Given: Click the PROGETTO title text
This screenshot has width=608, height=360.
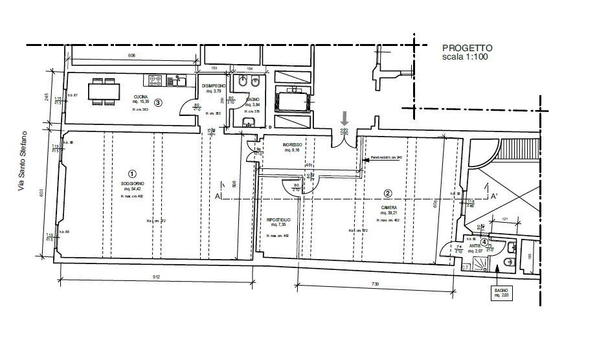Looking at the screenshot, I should tap(467, 48).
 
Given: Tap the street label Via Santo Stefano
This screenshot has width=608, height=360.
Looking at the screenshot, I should tap(23, 161).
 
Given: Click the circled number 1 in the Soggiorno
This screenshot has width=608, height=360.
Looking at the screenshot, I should tap(132, 174).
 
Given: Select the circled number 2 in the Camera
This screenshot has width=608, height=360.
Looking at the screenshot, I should tap(387, 192).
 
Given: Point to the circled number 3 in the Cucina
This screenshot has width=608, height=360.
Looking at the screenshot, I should tap(157, 102).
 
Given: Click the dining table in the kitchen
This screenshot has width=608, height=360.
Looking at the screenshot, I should tap(104, 91).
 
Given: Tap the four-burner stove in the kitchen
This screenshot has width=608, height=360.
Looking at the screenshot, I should tap(157, 81).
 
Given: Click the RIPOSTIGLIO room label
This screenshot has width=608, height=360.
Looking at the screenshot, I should tap(278, 220).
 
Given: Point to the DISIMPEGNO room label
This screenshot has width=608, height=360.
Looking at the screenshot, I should tap(213, 86).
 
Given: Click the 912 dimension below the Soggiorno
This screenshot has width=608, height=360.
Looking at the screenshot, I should tap(156, 277).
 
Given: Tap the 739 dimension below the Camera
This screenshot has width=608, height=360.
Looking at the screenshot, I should tap(375, 284).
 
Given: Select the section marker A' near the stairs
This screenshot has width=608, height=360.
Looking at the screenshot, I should tap(493, 196).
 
